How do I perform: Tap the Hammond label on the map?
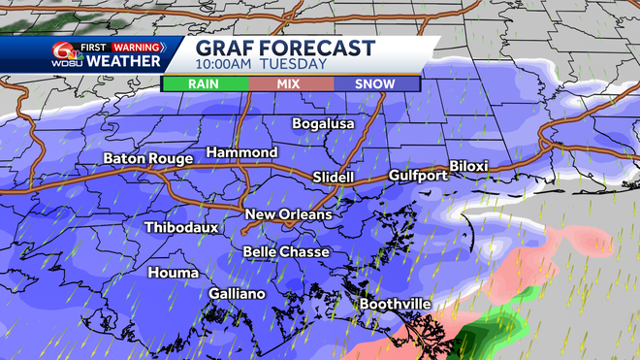241,153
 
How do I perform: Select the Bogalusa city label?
324,124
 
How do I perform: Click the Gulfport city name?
418,176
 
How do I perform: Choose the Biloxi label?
468,167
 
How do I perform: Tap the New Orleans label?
288,214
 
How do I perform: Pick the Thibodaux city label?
180,228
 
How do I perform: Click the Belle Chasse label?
286,252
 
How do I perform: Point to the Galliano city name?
237,294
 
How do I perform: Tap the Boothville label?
395,304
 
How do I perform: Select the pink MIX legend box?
289,84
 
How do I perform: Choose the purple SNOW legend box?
374,84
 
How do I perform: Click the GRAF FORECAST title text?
284,48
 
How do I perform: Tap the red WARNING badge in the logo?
138,45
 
